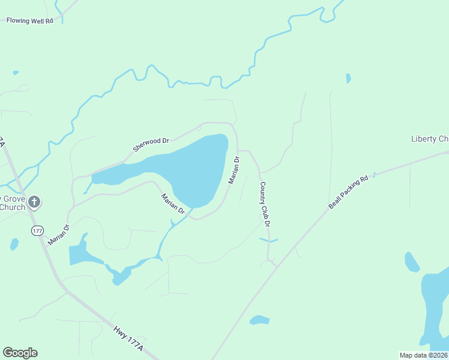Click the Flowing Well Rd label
click(30, 20)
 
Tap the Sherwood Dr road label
click(151, 145)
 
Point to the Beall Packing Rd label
click(348, 193)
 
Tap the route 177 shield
click(38, 230)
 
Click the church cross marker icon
click(34, 202)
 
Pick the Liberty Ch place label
click(429, 139)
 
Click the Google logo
click(20, 353)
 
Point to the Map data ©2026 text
click(424, 355)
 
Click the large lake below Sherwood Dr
click(192, 168)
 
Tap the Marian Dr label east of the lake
click(234, 170)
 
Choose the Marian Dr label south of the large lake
click(173, 203)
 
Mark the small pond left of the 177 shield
click(14, 244)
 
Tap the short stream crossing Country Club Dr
click(268, 240)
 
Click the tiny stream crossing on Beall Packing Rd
click(374, 175)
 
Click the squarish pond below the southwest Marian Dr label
click(77, 255)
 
